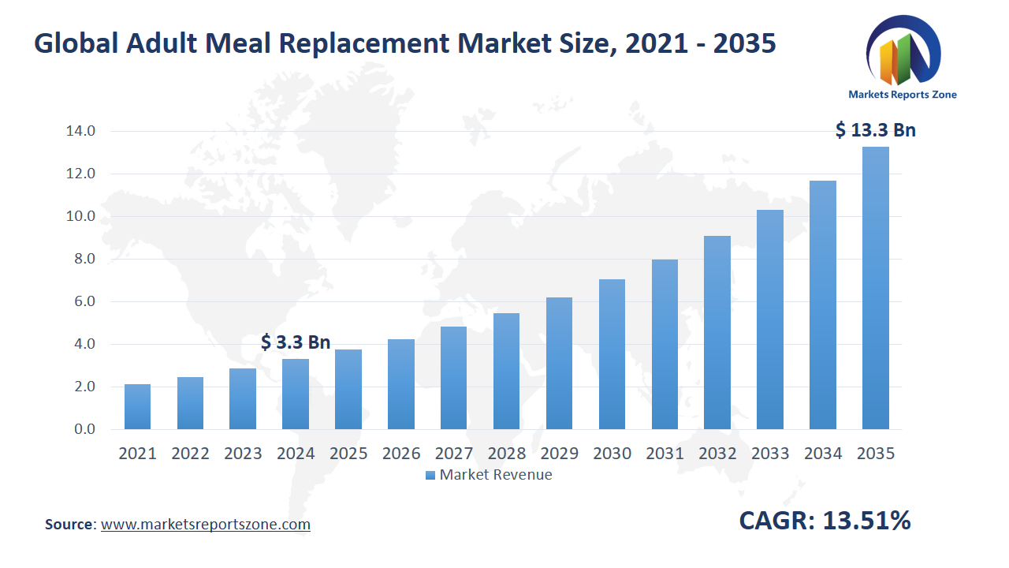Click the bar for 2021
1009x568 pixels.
tap(137, 407)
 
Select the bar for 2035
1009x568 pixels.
tap(875, 288)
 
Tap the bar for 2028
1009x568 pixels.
tap(506, 372)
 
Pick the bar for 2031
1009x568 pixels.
tap(665, 345)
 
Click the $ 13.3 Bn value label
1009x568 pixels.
tap(875, 130)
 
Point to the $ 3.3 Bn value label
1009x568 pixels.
tap(296, 342)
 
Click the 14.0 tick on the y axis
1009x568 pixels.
tap(80, 131)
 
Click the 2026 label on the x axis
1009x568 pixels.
tap(401, 454)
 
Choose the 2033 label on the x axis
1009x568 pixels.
tap(770, 454)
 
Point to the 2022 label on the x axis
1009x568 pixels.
tap(190, 454)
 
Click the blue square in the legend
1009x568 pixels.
tap(430, 475)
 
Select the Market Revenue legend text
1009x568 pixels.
tap(496, 475)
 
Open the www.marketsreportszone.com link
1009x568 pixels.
tap(206, 525)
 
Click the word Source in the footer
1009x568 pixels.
tap(69, 525)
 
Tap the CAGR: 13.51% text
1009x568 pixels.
tap(825, 521)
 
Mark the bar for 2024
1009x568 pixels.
tap(296, 394)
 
